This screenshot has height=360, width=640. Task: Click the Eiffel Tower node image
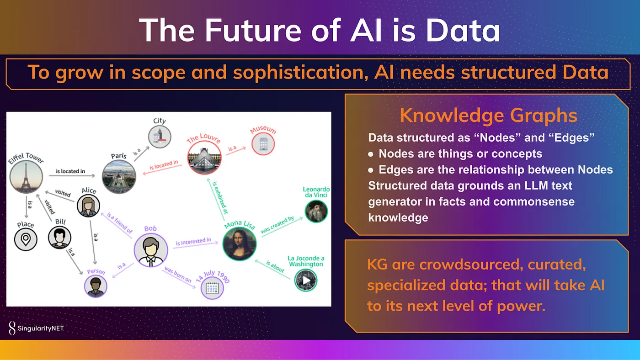tap(26, 177)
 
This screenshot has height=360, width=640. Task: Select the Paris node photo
tap(119, 177)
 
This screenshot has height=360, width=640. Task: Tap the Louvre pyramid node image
tap(204, 158)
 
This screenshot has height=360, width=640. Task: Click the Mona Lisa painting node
tap(240, 244)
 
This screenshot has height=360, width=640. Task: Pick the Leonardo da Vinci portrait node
tap(316, 211)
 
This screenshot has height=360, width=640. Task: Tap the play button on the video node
tap(306, 280)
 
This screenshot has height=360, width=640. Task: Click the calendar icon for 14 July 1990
tap(212, 288)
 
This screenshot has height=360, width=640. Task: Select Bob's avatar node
tap(151, 250)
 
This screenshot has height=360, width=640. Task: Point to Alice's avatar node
tap(88, 206)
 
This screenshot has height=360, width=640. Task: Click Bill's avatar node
tap(59, 237)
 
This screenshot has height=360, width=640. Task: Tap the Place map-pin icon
tap(26, 239)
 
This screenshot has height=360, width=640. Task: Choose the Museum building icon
tap(263, 144)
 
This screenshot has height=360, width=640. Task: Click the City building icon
tap(160, 137)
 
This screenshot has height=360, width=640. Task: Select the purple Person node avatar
tap(96, 286)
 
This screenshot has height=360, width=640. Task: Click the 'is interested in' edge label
tap(193, 242)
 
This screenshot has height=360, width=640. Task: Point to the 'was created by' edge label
tap(277, 225)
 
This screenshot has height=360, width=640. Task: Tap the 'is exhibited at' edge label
tap(220, 197)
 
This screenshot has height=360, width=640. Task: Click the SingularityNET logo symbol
tap(12, 328)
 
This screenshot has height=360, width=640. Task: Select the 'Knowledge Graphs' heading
tap(488, 115)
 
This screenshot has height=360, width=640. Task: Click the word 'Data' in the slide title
tap(463, 30)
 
